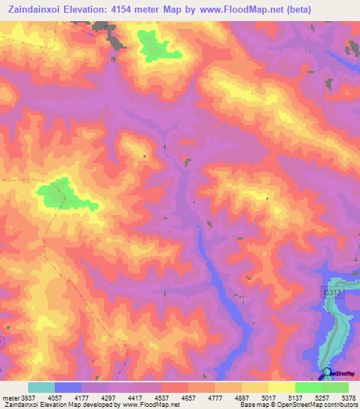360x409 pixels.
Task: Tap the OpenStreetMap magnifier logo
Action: pos(326,372)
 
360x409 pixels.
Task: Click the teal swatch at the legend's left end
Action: pos(41,387)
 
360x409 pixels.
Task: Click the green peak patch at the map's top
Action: pos(158,46)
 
